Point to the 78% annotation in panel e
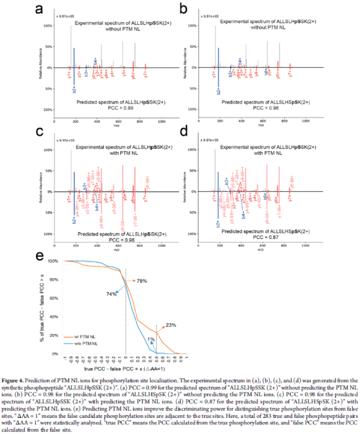(142, 281)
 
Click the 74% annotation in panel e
(112, 294)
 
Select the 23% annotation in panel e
(171, 325)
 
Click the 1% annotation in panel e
(151, 339)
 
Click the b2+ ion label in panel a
(74, 89)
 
